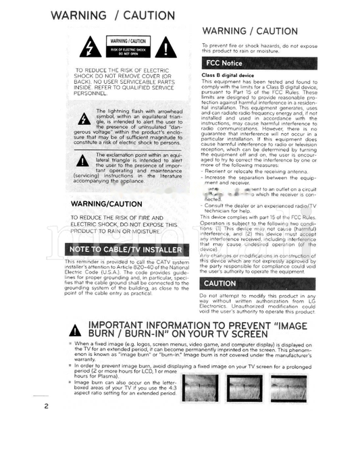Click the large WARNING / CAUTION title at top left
point(111,16)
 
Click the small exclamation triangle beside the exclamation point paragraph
point(82,160)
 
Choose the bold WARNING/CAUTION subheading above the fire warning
point(106,203)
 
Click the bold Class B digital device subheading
point(228,75)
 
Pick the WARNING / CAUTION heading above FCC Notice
point(250,31)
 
